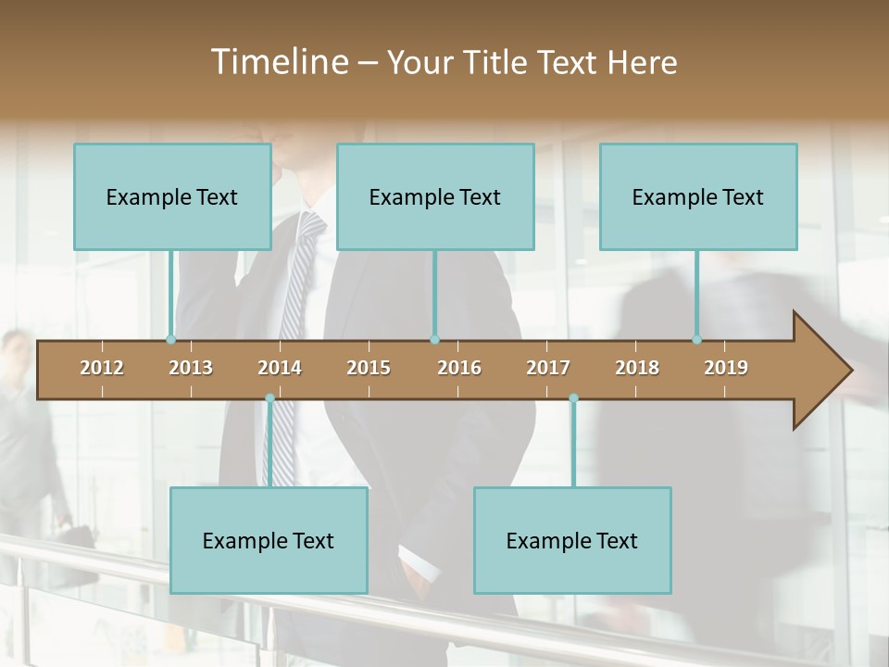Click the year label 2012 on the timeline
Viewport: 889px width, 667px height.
point(102,368)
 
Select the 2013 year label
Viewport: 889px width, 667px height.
point(191,368)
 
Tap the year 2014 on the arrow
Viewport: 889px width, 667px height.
point(280,368)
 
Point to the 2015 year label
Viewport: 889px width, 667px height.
point(369,368)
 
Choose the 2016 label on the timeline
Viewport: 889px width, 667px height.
point(459,368)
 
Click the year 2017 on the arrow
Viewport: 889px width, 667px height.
point(548,368)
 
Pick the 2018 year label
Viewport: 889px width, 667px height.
point(637,368)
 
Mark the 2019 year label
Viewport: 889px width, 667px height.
point(726,368)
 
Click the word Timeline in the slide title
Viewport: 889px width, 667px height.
point(278,62)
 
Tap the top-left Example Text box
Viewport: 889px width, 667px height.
point(172,196)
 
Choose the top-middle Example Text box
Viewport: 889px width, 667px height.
point(435,196)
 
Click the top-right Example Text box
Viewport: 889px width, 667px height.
point(698,196)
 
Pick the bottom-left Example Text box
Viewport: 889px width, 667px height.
point(269,540)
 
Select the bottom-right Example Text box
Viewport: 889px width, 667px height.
point(572,540)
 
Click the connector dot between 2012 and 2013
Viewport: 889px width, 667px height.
point(170,340)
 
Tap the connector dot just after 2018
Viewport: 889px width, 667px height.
point(696,340)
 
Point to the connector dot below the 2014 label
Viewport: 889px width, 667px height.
point(269,398)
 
